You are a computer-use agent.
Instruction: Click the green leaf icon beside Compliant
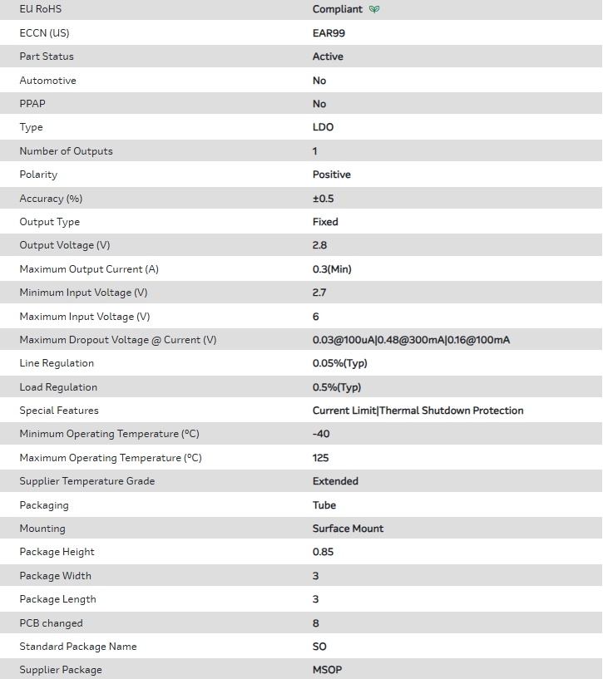click(x=374, y=10)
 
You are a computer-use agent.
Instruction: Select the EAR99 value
click(x=329, y=33)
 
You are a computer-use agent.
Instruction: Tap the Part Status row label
click(x=47, y=57)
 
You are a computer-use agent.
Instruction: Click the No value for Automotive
click(x=319, y=81)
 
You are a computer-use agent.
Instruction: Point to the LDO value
click(x=323, y=127)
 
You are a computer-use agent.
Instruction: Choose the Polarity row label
click(x=38, y=175)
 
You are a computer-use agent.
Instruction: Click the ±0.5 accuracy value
click(x=324, y=199)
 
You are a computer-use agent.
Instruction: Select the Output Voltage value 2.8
click(x=319, y=245)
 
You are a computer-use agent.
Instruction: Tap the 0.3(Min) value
click(x=332, y=269)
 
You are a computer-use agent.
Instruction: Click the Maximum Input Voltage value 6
click(x=316, y=317)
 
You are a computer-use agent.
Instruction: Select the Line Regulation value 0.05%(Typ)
click(x=339, y=363)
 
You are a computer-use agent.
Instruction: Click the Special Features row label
click(x=59, y=411)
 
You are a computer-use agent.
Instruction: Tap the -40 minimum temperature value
click(x=321, y=434)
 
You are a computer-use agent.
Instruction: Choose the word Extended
click(x=335, y=481)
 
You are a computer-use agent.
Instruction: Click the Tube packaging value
click(x=324, y=505)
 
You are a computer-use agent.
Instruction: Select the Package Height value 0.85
click(x=323, y=552)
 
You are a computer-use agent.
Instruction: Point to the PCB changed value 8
click(x=316, y=623)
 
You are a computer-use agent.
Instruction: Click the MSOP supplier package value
click(x=327, y=670)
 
